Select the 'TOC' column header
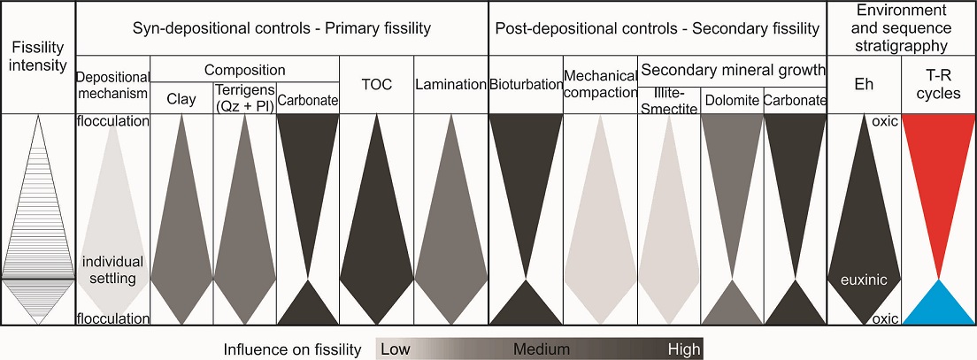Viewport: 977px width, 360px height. [x=377, y=86]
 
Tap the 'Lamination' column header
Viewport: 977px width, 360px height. [x=450, y=86]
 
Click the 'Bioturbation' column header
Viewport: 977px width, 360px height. [x=525, y=86]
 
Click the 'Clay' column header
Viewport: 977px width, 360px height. [x=181, y=99]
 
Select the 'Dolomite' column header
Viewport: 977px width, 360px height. [x=731, y=101]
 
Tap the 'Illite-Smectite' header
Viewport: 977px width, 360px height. [x=669, y=100]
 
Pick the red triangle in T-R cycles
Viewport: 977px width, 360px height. [x=938, y=177]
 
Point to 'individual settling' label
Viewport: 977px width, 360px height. [x=112, y=271]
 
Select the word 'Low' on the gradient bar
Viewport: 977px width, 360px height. [x=395, y=349]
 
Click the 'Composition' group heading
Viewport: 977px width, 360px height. [x=245, y=70]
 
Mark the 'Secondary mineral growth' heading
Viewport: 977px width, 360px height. [x=731, y=70]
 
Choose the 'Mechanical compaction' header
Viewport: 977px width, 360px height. [x=600, y=85]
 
